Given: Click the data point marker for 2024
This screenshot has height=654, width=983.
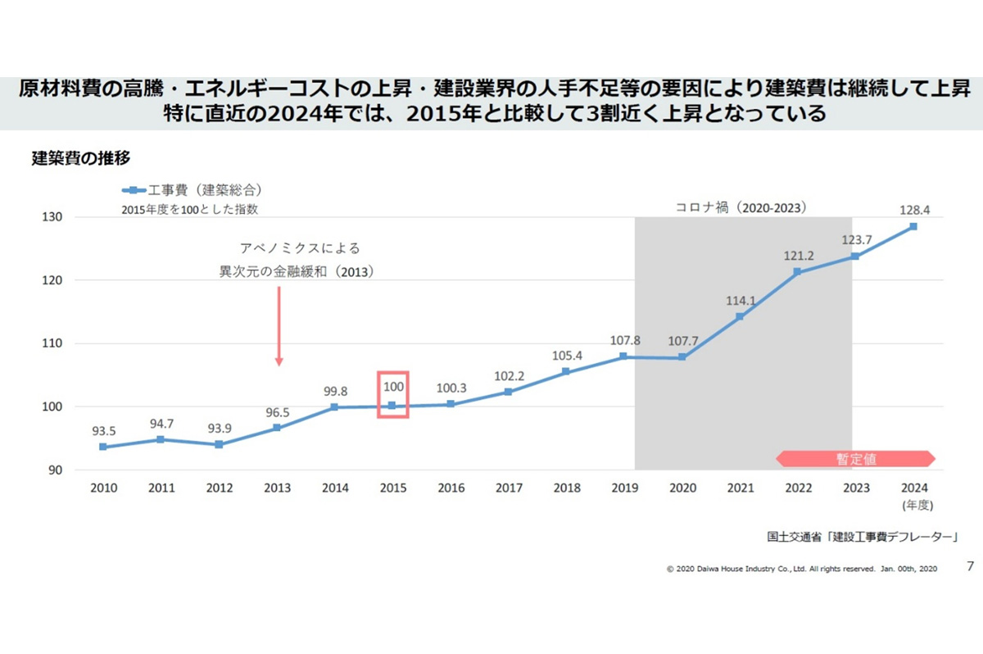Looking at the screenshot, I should pos(913,226).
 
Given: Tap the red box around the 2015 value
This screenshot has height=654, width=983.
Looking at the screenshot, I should pos(392,394).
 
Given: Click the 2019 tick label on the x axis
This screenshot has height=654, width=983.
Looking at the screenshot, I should pos(624,488).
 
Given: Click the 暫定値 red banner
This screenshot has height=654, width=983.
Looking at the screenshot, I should pos(855,459).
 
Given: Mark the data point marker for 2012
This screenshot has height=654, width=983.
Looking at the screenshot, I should pos(220,444).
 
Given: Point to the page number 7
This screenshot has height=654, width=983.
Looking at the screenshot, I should pos(971,566).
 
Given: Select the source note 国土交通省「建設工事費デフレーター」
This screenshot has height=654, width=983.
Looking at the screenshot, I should pos(863,538).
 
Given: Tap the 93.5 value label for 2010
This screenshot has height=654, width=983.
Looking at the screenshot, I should pos(103,429).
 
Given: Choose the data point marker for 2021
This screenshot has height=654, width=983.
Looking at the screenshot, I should pos(740,316).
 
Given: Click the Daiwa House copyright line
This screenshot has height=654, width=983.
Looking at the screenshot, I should pos(802,568).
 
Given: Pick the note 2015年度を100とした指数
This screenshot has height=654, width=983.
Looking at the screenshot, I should pos(190,209).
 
